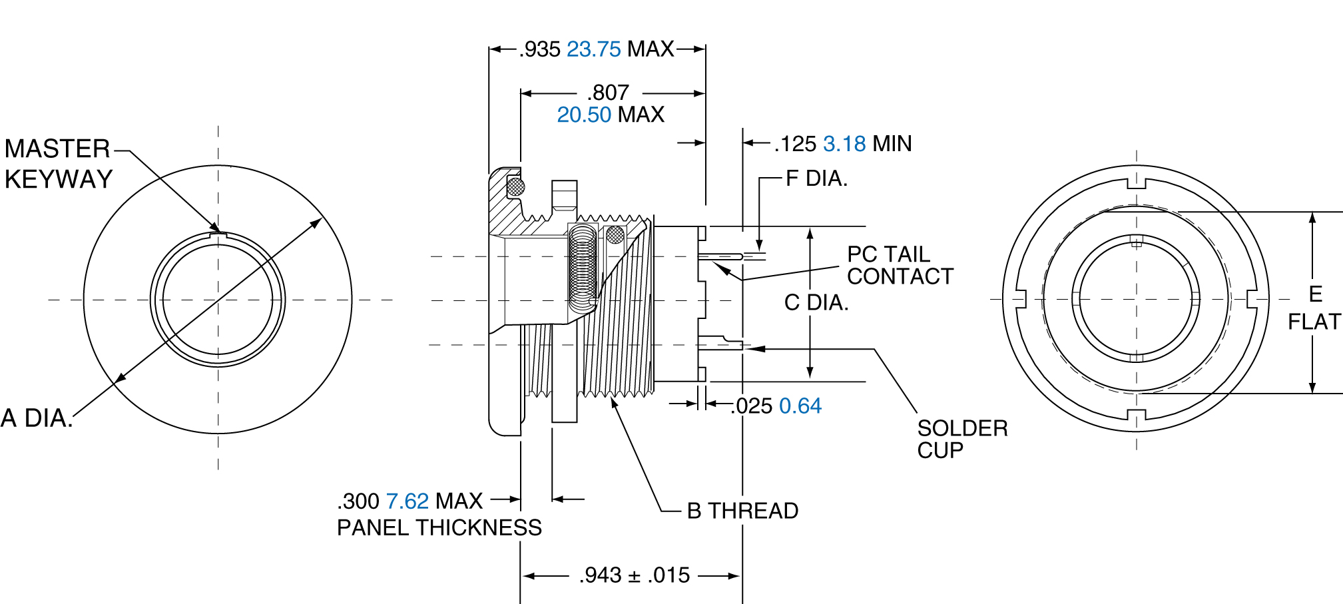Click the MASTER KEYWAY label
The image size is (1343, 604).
(58, 164)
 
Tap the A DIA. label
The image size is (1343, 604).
(37, 418)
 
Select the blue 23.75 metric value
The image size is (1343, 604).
(593, 49)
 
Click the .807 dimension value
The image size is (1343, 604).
(608, 93)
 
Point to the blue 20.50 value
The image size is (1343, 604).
(583, 115)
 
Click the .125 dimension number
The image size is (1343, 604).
(796, 144)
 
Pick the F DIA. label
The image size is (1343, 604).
(816, 178)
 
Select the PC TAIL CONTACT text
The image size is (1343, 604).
(899, 265)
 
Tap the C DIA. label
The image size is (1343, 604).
(816, 302)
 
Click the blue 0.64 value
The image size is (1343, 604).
(800, 406)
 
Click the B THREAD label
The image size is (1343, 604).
(742, 511)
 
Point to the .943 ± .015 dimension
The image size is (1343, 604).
(634, 575)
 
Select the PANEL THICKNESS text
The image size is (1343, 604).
(439, 527)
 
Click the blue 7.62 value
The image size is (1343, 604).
(407, 501)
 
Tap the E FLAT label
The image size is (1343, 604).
(1314, 308)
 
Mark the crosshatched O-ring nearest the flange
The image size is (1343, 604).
(516, 186)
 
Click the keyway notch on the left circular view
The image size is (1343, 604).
(218, 234)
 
